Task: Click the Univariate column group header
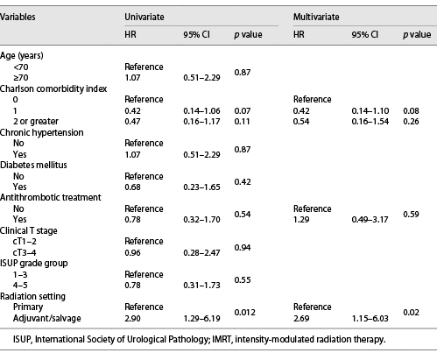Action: [x=146, y=16]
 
